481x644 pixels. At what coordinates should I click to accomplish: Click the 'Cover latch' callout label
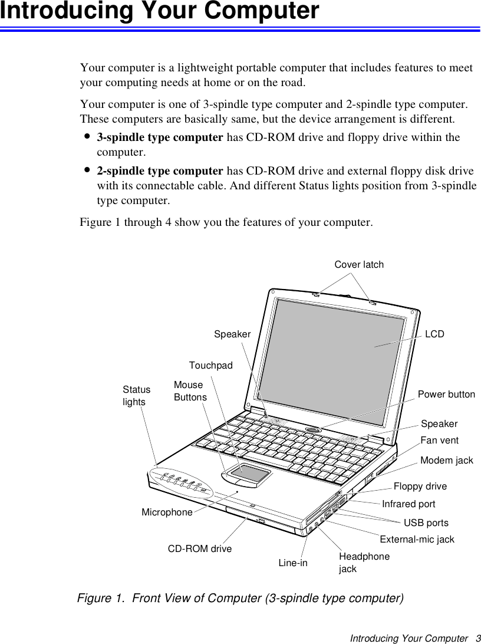pyautogui.click(x=359, y=265)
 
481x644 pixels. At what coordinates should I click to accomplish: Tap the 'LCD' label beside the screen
pyautogui.click(x=435, y=334)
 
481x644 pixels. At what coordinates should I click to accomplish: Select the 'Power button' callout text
pyautogui.click(x=446, y=394)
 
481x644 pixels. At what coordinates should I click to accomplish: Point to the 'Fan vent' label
pyautogui.click(x=439, y=441)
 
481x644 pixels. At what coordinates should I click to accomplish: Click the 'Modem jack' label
pyautogui.click(x=446, y=460)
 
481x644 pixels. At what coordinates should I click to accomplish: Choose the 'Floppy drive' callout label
pyautogui.click(x=420, y=487)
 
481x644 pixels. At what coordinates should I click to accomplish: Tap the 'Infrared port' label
pyautogui.click(x=408, y=504)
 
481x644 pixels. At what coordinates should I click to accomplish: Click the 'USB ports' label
pyautogui.click(x=426, y=523)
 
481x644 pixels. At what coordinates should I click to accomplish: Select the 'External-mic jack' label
pyautogui.click(x=417, y=539)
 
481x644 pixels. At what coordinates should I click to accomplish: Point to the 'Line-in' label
pyautogui.click(x=293, y=563)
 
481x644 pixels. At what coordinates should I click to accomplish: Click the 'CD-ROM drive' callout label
pyautogui.click(x=200, y=548)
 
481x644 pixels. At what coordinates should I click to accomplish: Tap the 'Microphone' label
pyautogui.click(x=167, y=512)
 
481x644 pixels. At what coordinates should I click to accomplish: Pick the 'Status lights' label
pyautogui.click(x=136, y=396)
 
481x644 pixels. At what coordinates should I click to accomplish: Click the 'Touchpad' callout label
pyautogui.click(x=210, y=366)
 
